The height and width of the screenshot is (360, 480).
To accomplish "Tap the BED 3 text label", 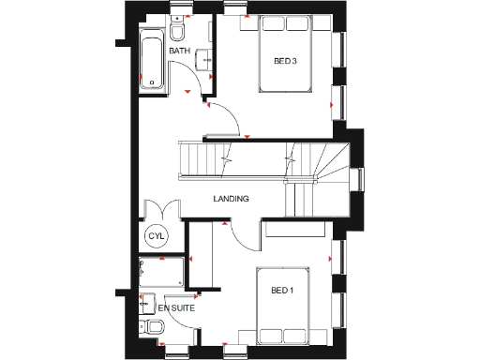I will point(285,62).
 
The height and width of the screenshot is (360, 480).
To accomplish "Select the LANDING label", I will point(231,199).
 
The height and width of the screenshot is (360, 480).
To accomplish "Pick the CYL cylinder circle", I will point(156,237).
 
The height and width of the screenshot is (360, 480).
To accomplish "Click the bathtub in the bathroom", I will point(150,59).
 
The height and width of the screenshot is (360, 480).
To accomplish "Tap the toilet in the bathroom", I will point(177,32).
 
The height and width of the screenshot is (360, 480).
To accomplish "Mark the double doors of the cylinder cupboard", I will point(157,210).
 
